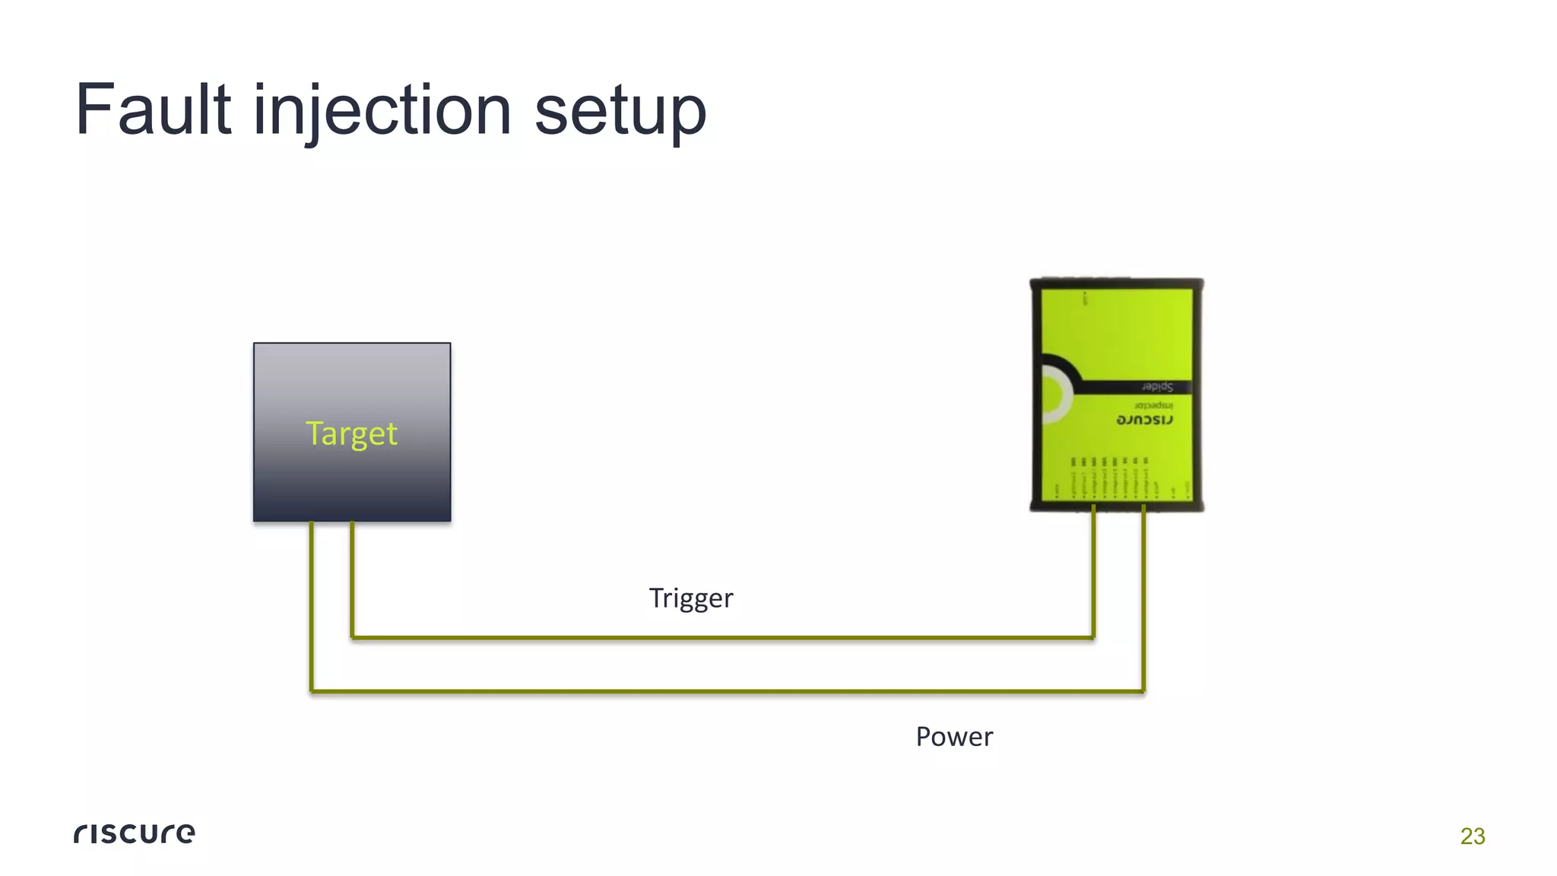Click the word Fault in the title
pyautogui.click(x=153, y=110)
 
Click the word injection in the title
pyautogui.click(x=382, y=110)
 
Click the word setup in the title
pyautogui.click(x=620, y=112)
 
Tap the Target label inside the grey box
pyautogui.click(x=351, y=433)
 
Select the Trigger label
pyautogui.click(x=690, y=598)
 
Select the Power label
pyautogui.click(x=953, y=737)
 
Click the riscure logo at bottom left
pyautogui.click(x=135, y=833)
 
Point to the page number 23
pyautogui.click(x=1472, y=836)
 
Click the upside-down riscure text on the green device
pyautogui.click(x=1144, y=421)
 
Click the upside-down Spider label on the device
pyautogui.click(x=1156, y=387)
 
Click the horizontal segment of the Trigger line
pyautogui.click(x=722, y=637)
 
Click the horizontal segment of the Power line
pyautogui.click(x=722, y=691)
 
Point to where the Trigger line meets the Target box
pyautogui.click(x=352, y=523)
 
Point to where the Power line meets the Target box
pyautogui.click(x=311, y=523)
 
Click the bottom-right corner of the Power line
pyautogui.click(x=1143, y=691)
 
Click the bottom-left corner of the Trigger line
pyautogui.click(x=352, y=637)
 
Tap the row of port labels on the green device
pyautogui.click(x=1110, y=479)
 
